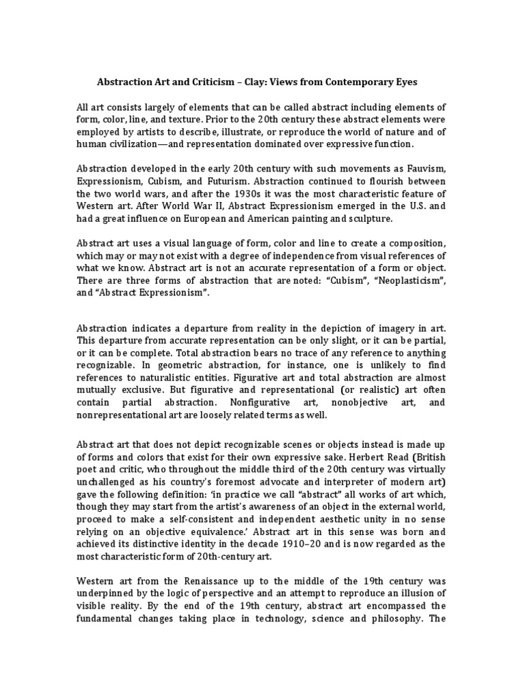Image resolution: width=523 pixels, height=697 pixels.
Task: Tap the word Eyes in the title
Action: (416, 82)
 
